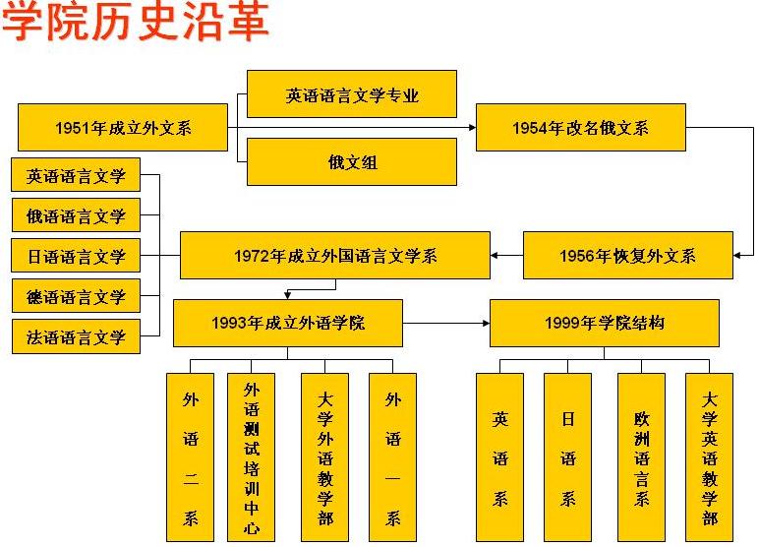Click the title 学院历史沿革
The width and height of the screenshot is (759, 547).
point(135,23)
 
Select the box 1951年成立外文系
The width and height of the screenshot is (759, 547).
point(123,127)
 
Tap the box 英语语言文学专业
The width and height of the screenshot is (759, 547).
point(352,94)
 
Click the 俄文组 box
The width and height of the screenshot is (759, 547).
point(352,161)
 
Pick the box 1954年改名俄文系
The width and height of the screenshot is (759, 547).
point(580,127)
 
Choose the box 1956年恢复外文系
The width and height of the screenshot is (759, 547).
point(627,256)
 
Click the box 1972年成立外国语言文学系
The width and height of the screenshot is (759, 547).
point(334,256)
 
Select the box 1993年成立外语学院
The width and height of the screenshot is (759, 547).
point(287,323)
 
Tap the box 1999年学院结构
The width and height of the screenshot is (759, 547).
point(604,323)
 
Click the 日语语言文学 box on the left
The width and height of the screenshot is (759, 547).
point(76,257)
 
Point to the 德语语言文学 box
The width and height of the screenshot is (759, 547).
point(76,296)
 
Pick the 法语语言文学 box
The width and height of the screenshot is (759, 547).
point(76,336)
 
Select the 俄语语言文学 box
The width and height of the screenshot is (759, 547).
point(76,216)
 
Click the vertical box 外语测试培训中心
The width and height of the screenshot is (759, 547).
point(251,456)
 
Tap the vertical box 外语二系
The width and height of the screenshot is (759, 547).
point(190,456)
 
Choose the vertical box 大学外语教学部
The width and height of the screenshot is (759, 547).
point(325,456)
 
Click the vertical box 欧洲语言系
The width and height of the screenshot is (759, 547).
point(642,456)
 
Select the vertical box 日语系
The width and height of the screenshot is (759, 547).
point(567,456)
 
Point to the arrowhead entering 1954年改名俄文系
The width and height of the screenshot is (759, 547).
point(471,127)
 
